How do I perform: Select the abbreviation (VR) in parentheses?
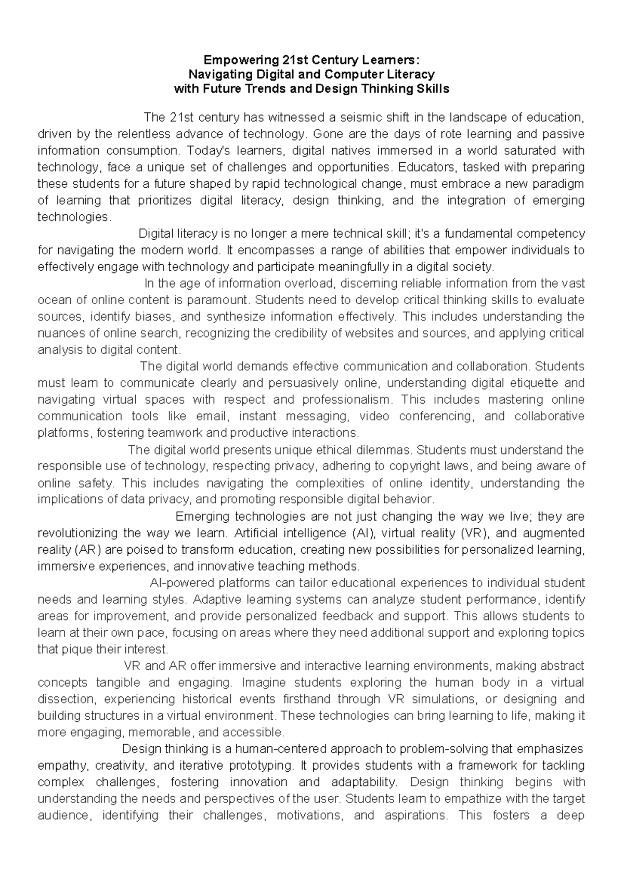(x=474, y=533)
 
